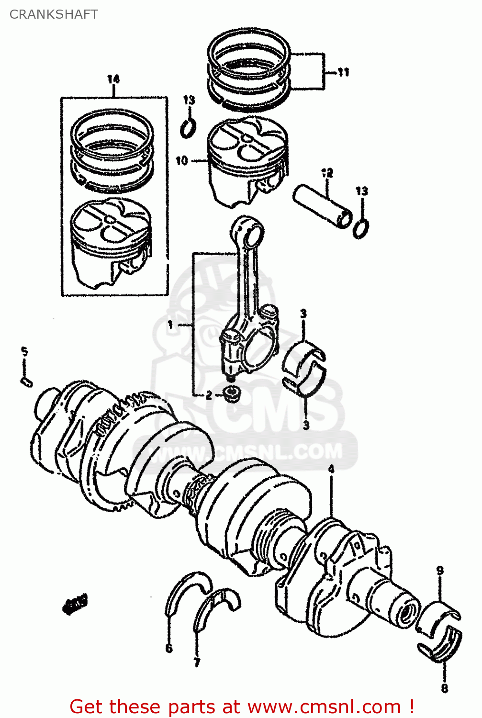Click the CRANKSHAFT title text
pyautogui.click(x=54, y=14)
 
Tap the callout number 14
pyautogui.click(x=113, y=79)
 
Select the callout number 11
pyautogui.click(x=343, y=72)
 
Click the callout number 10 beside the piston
pyautogui.click(x=181, y=161)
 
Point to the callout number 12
pyautogui.click(x=327, y=173)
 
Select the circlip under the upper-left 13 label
pyautogui.click(x=189, y=128)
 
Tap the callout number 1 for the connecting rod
pyautogui.click(x=170, y=325)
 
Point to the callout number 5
pyautogui.click(x=24, y=352)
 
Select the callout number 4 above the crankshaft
pyautogui.click(x=331, y=470)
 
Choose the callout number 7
pyautogui.click(x=197, y=662)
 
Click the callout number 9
pyautogui.click(x=440, y=571)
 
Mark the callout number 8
pyautogui.click(x=444, y=688)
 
